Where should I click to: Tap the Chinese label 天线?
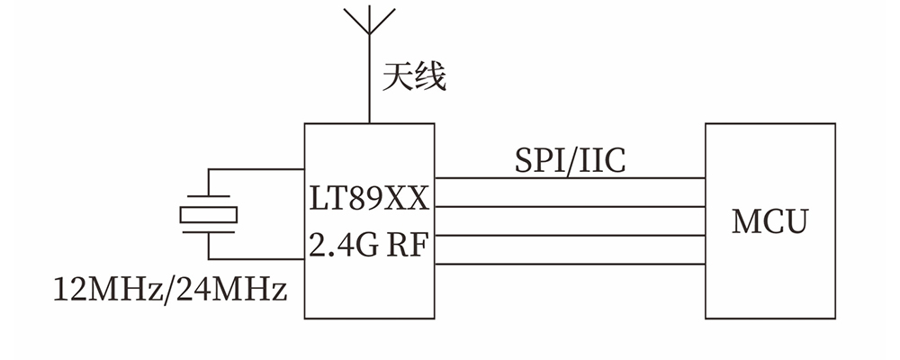(414, 76)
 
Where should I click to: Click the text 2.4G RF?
(369, 246)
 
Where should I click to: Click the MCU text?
(769, 221)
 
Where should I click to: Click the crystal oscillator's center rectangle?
(209, 214)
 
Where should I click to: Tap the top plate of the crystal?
(209, 197)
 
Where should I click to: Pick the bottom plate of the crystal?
(209, 231)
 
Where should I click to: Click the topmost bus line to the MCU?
(570, 178)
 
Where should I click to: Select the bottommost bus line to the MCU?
(570, 264)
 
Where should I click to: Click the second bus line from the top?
(570, 206)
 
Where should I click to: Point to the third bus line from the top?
(570, 236)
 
